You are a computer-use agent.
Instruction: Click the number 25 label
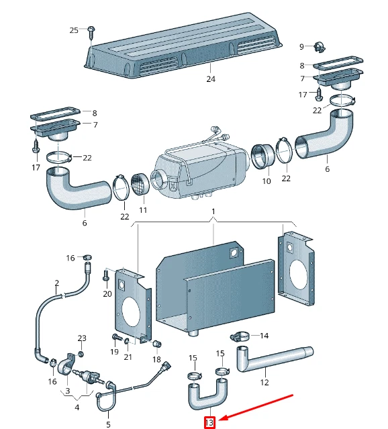(x=74, y=30)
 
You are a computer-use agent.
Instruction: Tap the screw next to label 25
(x=91, y=30)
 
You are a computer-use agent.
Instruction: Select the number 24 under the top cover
(x=211, y=79)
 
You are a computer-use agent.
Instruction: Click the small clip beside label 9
(x=318, y=47)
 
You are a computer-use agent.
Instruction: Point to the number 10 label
(x=266, y=181)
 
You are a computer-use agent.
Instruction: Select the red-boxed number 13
(x=210, y=422)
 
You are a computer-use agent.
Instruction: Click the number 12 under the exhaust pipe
(x=264, y=383)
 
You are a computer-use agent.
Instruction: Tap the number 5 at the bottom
(x=108, y=424)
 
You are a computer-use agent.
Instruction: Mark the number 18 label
(x=156, y=360)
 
